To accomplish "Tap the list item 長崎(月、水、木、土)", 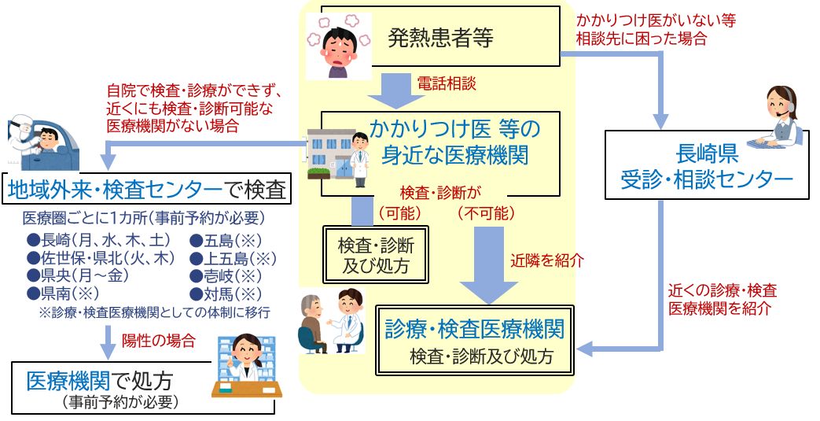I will tap(94, 240).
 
